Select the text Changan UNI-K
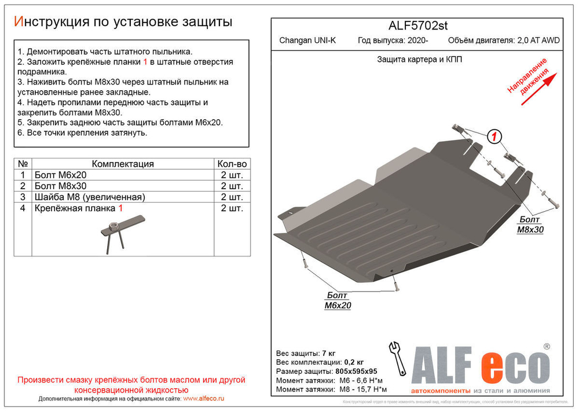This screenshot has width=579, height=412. (x=307, y=41)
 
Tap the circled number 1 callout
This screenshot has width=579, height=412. (x=493, y=137)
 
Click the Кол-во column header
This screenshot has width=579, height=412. (x=232, y=164)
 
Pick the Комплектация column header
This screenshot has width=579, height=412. (x=123, y=164)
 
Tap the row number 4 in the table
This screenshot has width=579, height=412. (x=23, y=208)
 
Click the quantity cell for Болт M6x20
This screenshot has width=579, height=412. (x=232, y=175)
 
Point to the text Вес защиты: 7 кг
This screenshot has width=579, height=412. (x=306, y=353)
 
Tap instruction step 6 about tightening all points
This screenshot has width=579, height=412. (x=82, y=133)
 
